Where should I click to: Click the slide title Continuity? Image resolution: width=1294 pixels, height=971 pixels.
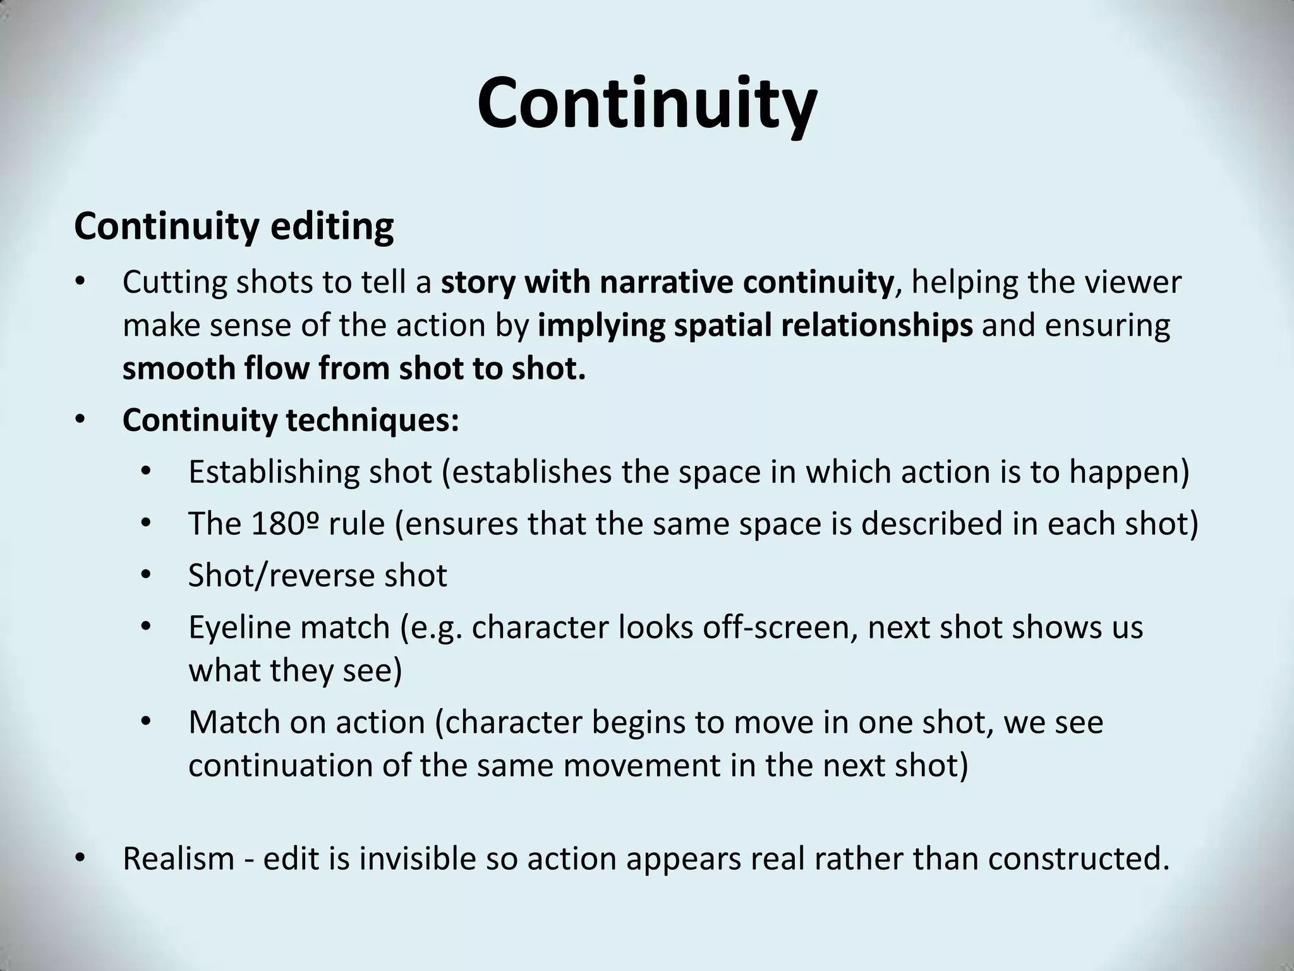(x=646, y=103)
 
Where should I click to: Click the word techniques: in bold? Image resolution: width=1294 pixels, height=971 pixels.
(x=373, y=420)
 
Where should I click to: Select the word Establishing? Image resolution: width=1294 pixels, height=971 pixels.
(x=274, y=472)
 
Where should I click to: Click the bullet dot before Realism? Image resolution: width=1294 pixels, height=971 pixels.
(x=79, y=858)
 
